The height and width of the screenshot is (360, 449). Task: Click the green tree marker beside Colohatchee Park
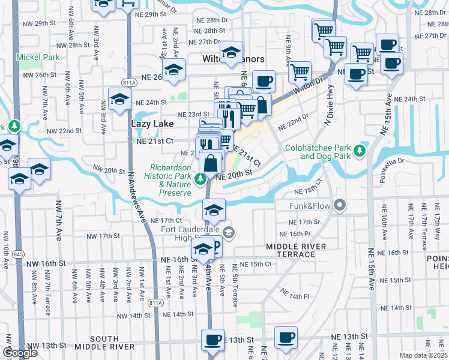[x=360, y=149]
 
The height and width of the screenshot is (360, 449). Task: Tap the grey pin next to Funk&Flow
[x=340, y=206]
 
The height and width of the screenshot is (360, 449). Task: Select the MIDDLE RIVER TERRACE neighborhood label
[x=297, y=250]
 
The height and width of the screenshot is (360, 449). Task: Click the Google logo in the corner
[x=19, y=353]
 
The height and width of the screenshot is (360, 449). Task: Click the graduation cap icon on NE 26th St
[x=173, y=70]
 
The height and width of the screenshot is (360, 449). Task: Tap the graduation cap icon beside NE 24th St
[x=119, y=98]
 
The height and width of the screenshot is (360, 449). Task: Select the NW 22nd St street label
[x=64, y=130]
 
